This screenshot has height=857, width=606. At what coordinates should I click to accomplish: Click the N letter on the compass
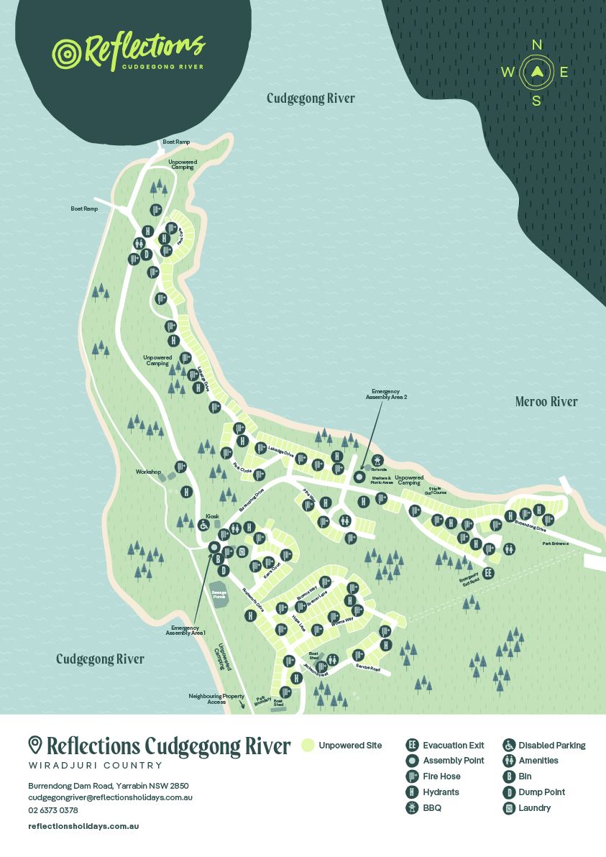(x=536, y=45)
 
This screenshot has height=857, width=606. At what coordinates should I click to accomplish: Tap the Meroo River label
(x=546, y=402)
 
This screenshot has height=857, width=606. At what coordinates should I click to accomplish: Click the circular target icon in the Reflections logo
(x=66, y=53)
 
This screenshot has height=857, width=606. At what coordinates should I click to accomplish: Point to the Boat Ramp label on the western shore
(x=83, y=208)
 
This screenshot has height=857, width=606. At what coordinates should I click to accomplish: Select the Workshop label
(x=147, y=472)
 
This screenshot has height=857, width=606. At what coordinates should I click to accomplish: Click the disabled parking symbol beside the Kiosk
(x=204, y=526)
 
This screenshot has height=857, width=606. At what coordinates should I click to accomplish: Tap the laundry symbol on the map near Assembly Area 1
(x=242, y=551)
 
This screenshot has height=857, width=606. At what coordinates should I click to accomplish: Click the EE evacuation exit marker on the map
(x=488, y=573)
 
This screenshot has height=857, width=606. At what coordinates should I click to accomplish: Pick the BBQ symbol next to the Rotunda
(x=375, y=459)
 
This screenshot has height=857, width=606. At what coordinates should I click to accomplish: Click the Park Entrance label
(x=555, y=544)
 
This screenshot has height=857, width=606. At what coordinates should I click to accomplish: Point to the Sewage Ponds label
(x=219, y=595)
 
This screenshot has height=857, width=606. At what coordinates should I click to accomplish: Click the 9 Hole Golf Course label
(x=436, y=491)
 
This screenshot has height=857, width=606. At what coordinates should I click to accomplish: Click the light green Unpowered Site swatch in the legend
(x=308, y=746)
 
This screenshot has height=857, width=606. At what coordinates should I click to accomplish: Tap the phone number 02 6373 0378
(x=53, y=810)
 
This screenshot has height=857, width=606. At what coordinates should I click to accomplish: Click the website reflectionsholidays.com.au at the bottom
(x=83, y=826)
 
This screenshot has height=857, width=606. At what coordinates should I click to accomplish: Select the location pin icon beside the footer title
(x=35, y=745)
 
